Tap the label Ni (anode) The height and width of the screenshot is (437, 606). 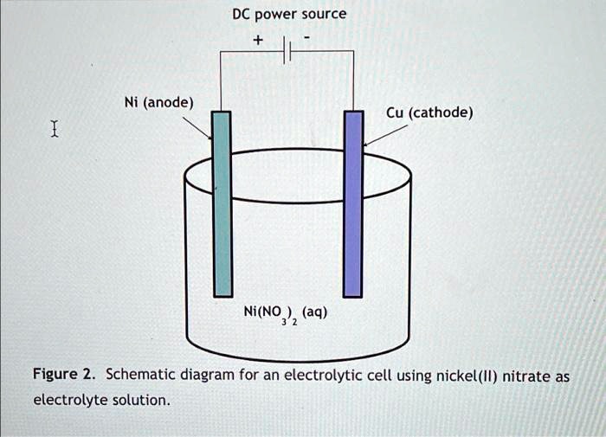158,103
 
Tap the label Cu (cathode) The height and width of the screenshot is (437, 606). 429,112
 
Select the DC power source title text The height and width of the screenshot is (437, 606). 289,15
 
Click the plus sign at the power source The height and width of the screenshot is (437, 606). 257,41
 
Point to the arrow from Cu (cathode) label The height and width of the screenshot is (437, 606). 385,134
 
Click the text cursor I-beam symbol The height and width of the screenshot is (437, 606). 55,131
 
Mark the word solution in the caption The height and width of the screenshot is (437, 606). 142,401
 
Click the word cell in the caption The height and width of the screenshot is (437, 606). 374,376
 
